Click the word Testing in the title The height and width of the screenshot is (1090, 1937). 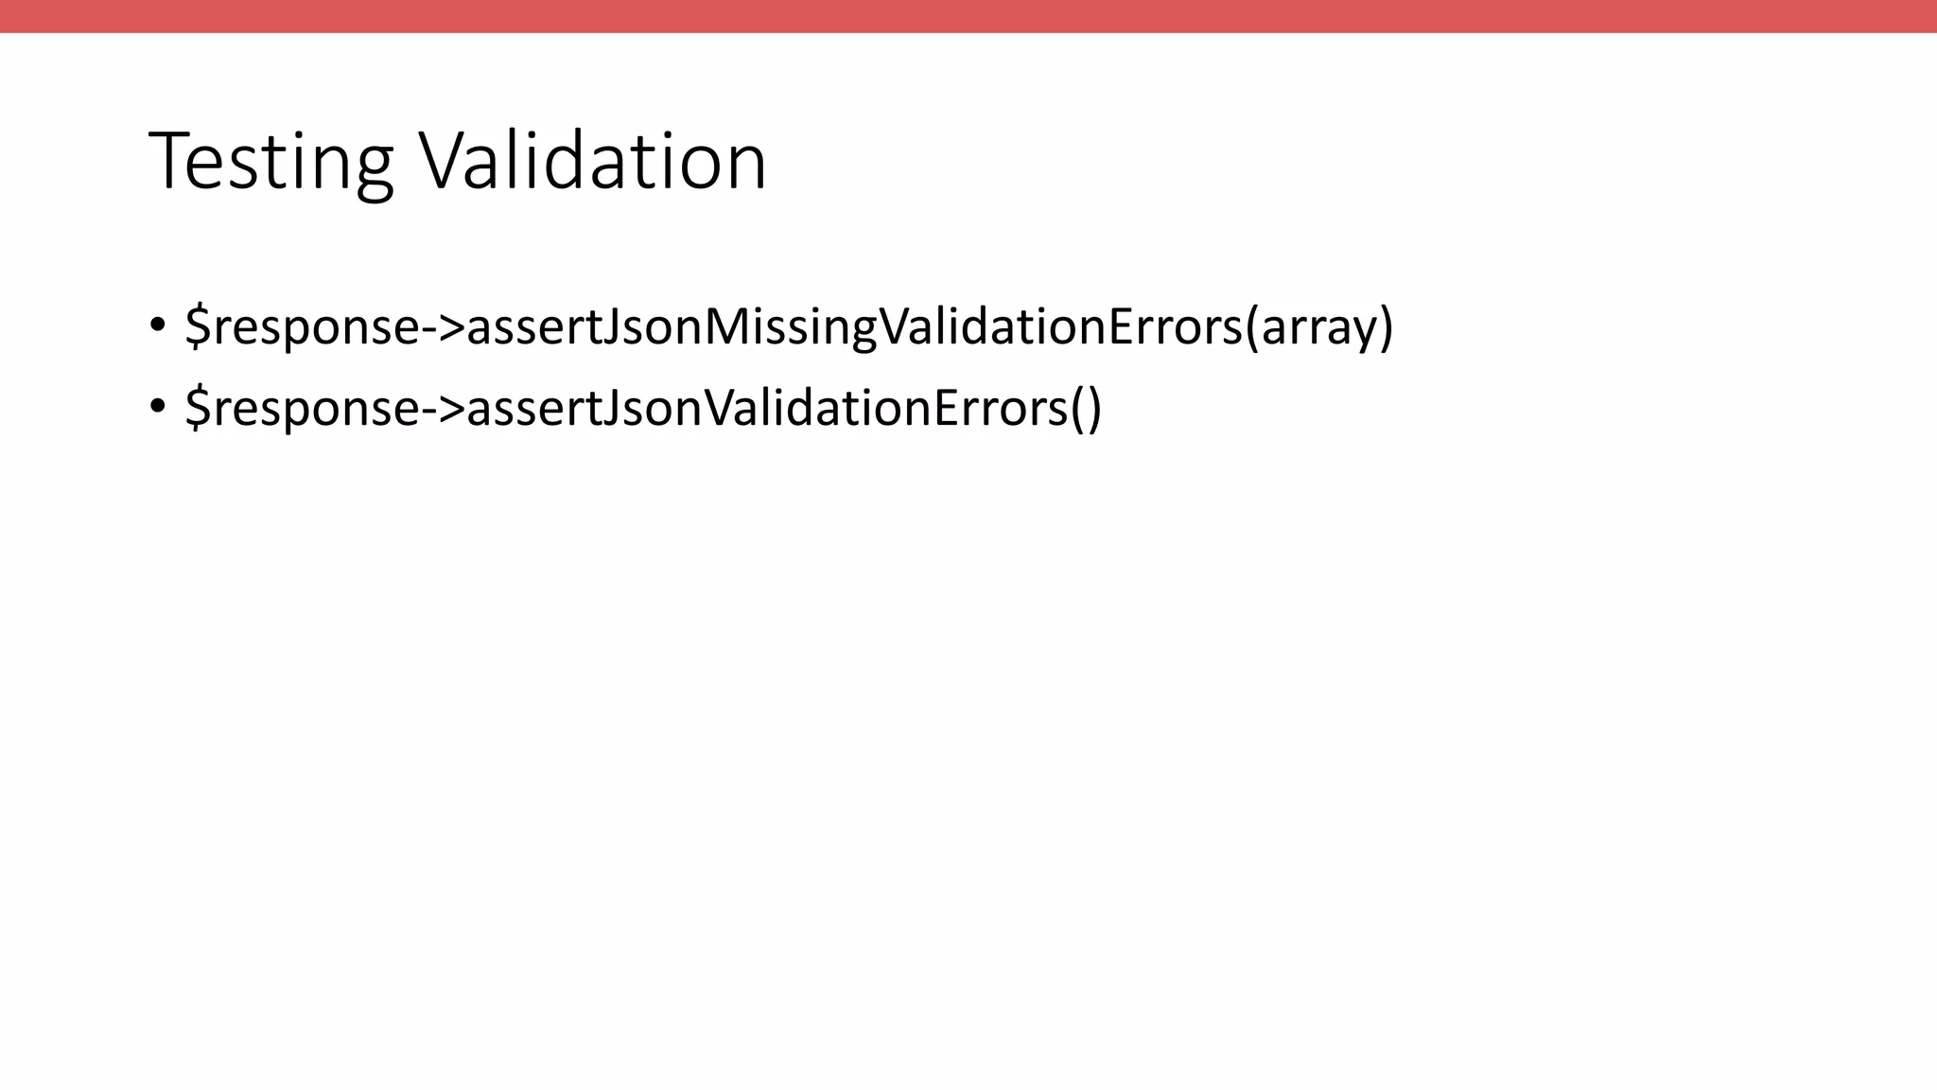point(270,163)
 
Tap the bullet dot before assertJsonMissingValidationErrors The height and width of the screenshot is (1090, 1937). point(157,325)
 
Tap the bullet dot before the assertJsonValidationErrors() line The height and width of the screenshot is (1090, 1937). point(157,407)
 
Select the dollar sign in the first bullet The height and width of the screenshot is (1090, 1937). point(198,326)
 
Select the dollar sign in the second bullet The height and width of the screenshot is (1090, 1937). point(198,408)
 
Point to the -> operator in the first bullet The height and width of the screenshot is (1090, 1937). point(443,327)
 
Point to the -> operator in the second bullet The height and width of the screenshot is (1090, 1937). point(443,409)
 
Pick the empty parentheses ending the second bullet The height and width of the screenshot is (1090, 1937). point(1086,409)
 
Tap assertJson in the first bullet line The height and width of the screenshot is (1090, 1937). point(585,327)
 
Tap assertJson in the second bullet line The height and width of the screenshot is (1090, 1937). point(585,409)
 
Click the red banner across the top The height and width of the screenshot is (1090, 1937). point(968,16)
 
